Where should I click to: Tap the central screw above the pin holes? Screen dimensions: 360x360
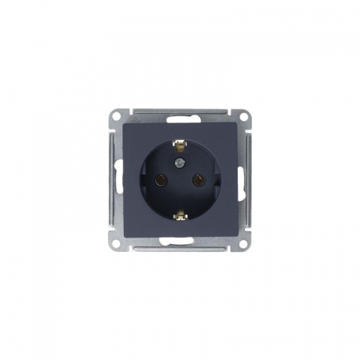[x=180, y=165]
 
